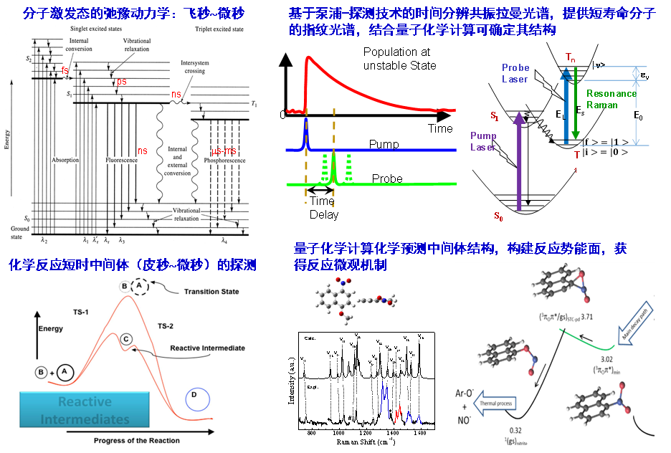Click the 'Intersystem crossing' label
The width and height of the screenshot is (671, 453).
coord(194,67)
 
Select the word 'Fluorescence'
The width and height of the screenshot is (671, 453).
coord(121,161)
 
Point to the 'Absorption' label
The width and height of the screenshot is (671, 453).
coord(65,161)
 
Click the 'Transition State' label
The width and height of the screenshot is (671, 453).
coord(211,292)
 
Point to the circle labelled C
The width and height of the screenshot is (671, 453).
coord(125,339)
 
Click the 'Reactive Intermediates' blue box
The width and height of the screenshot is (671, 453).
coord(85,410)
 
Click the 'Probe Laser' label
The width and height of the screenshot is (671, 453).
coord(515,73)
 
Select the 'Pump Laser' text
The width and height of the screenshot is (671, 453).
coord(482,141)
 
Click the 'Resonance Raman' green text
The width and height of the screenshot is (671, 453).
coord(611,99)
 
